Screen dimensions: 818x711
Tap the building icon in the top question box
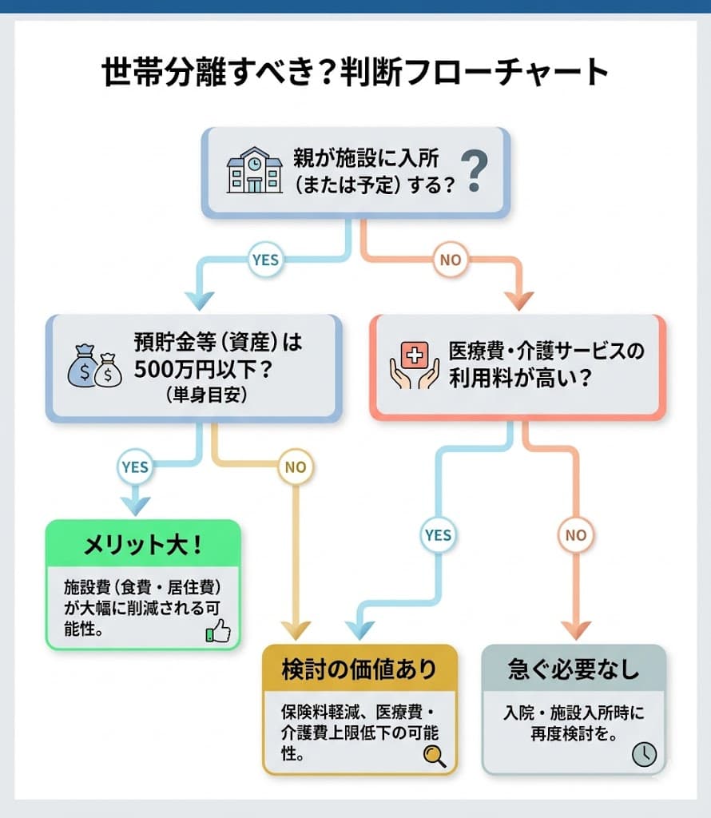[x=255, y=171]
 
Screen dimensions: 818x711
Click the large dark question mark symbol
[x=475, y=172]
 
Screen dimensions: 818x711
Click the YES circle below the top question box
[x=264, y=260]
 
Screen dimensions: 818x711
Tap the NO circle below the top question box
[x=450, y=260]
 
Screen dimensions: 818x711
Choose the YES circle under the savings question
[x=135, y=467]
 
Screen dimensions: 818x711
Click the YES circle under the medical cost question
[x=439, y=535]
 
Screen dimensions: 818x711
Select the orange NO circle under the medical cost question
[x=575, y=535]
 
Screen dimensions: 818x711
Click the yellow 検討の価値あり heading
[x=359, y=669]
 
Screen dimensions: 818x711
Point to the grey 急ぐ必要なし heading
[x=574, y=669]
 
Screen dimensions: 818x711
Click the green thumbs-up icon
[x=217, y=632]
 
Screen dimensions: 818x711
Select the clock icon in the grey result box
[x=644, y=754]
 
